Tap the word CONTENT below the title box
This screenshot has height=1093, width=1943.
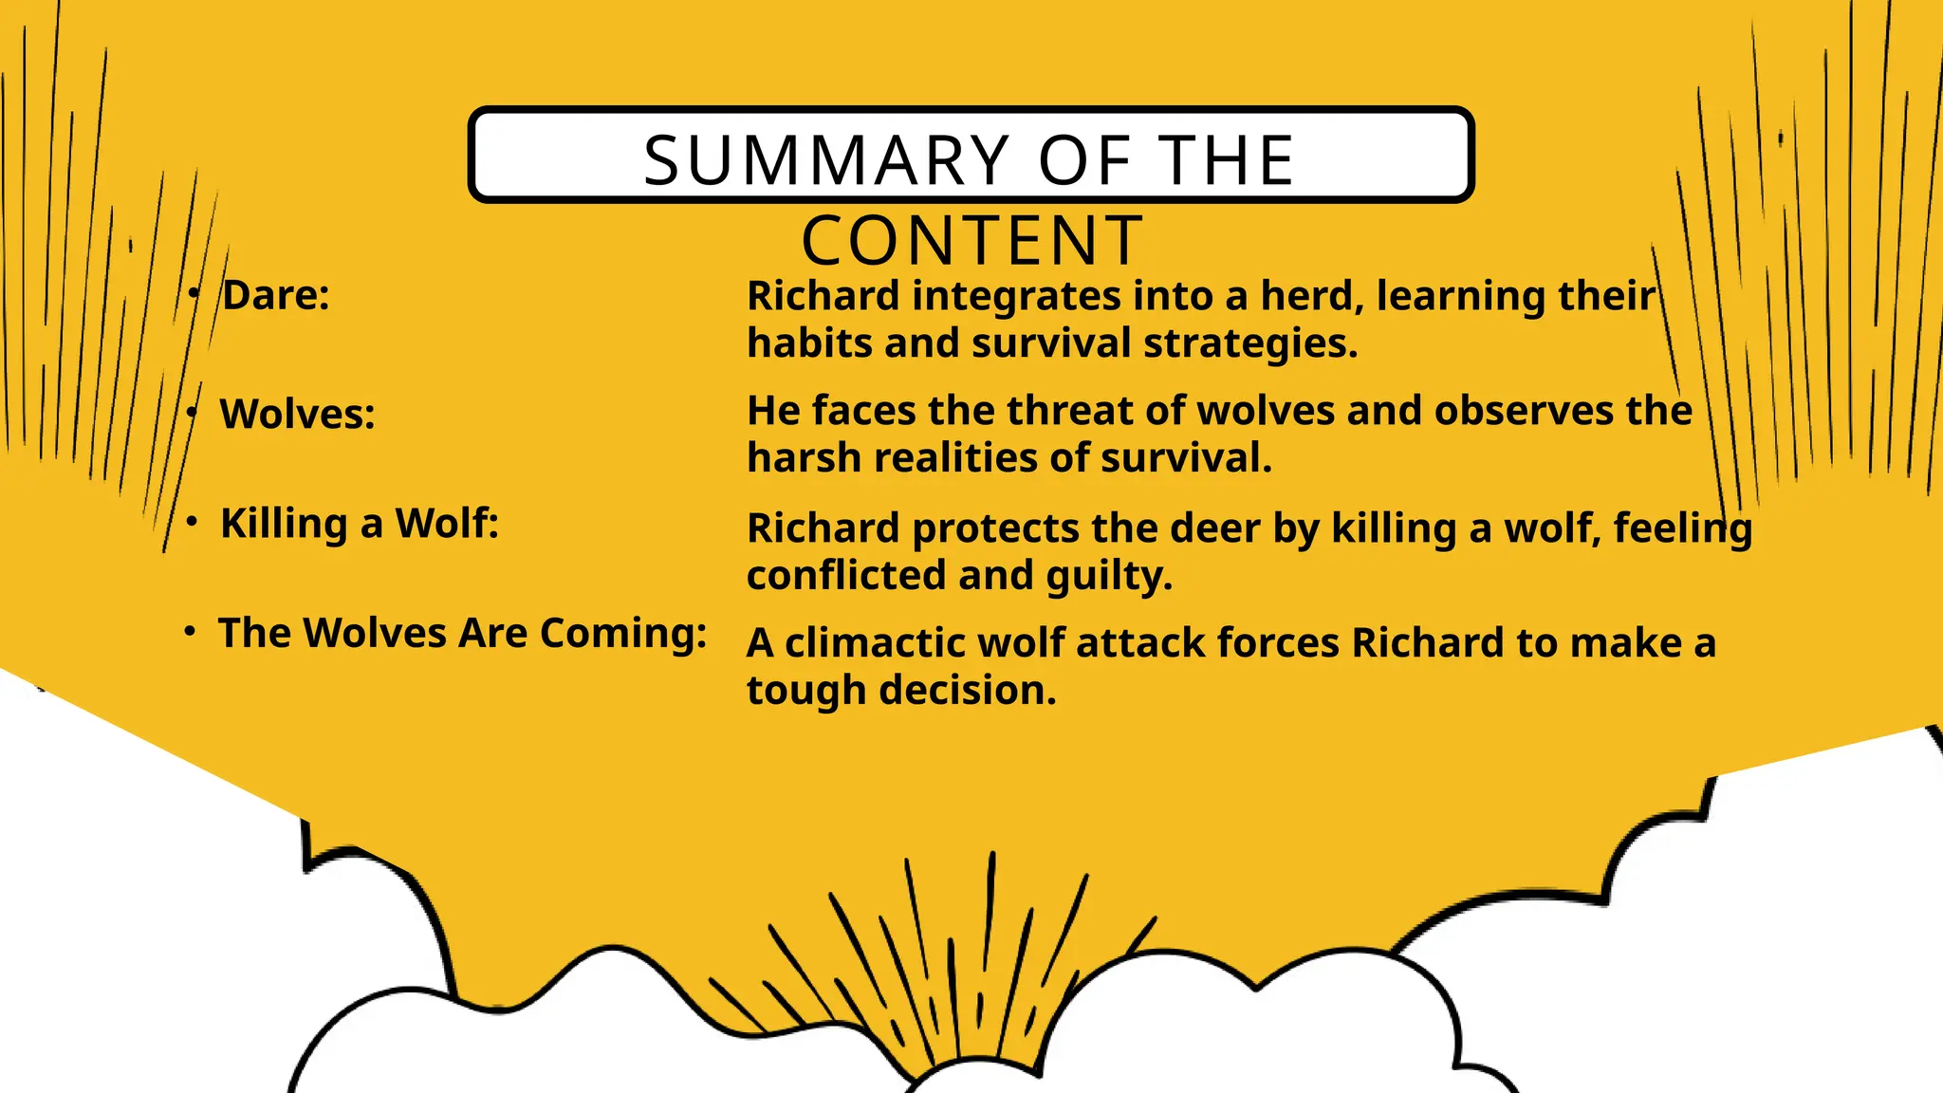tap(972, 241)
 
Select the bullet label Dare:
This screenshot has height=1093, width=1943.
tap(276, 295)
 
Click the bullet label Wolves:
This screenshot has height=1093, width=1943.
tap(297, 415)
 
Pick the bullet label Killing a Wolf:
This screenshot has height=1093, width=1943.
tap(360, 524)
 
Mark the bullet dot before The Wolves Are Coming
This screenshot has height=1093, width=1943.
tap(191, 631)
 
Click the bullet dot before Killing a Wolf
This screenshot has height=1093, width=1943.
tap(193, 522)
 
